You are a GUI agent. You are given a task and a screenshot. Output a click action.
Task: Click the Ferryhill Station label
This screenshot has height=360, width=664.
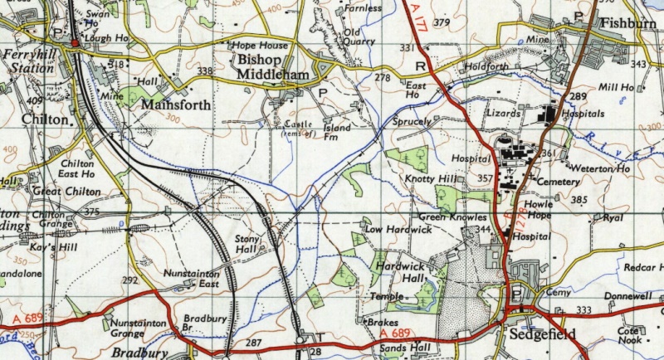pos(27,61)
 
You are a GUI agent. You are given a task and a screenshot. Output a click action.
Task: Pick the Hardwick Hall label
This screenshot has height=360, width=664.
pos(400,273)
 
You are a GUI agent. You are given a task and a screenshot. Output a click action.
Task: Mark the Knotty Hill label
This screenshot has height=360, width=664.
pos(430,179)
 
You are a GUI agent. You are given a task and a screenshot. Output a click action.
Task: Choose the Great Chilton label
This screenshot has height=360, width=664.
pos(66,192)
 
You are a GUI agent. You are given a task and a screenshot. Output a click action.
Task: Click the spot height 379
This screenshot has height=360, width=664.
pos(441,22)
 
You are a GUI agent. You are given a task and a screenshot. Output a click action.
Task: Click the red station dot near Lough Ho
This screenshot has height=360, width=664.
pos(74,42)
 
